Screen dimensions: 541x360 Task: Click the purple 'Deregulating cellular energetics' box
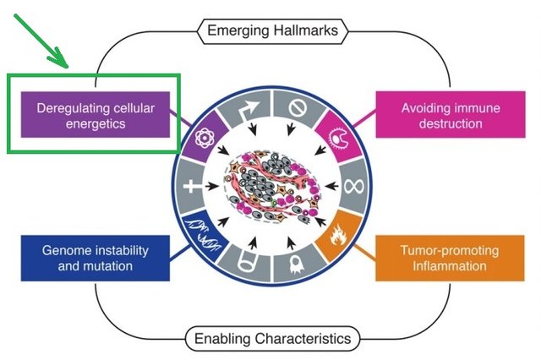click(96, 114)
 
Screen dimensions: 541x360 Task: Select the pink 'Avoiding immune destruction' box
click(451, 114)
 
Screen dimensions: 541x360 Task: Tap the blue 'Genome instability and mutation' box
click(96, 258)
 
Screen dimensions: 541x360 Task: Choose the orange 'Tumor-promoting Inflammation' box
click(450, 258)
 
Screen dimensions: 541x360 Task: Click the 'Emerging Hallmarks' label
click(272, 31)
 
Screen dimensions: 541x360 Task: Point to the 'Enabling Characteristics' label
click(272, 339)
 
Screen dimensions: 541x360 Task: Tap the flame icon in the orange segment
click(337, 235)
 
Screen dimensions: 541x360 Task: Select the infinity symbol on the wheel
click(353, 187)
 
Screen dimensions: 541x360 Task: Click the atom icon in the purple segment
click(205, 138)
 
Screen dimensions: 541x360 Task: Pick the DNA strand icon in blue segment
click(203, 233)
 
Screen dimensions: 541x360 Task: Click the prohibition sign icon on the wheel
click(298, 108)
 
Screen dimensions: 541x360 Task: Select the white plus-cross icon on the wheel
click(192, 187)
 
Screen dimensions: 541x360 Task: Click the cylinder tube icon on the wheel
click(247, 262)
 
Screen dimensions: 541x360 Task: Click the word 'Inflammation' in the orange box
click(450, 266)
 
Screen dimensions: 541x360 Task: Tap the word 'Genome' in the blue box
click(64, 251)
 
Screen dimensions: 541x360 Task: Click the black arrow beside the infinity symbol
click(331, 187)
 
